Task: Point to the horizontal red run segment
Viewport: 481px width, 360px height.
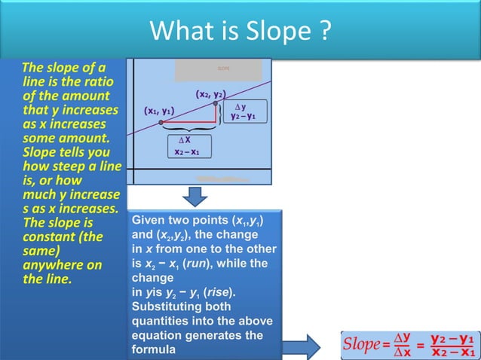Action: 188,121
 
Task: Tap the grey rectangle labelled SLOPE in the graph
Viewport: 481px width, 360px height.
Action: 219,70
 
